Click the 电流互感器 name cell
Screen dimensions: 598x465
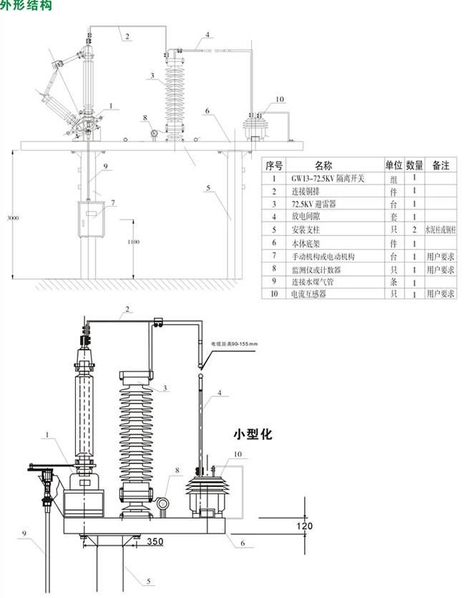pyautogui.click(x=309, y=294)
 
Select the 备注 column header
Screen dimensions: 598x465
pyautogui.click(x=441, y=165)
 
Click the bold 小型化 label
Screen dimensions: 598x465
pyautogui.click(x=253, y=433)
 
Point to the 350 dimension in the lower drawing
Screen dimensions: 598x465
pyautogui.click(x=155, y=541)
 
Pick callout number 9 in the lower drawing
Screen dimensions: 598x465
pyautogui.click(x=24, y=533)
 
